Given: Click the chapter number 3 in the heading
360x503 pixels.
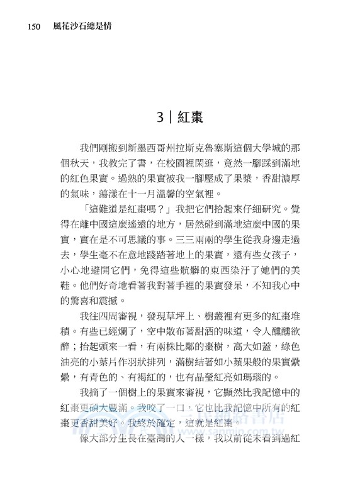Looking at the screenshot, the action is tap(162, 116).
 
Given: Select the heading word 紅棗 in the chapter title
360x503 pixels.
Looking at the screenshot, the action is tap(189, 116).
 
